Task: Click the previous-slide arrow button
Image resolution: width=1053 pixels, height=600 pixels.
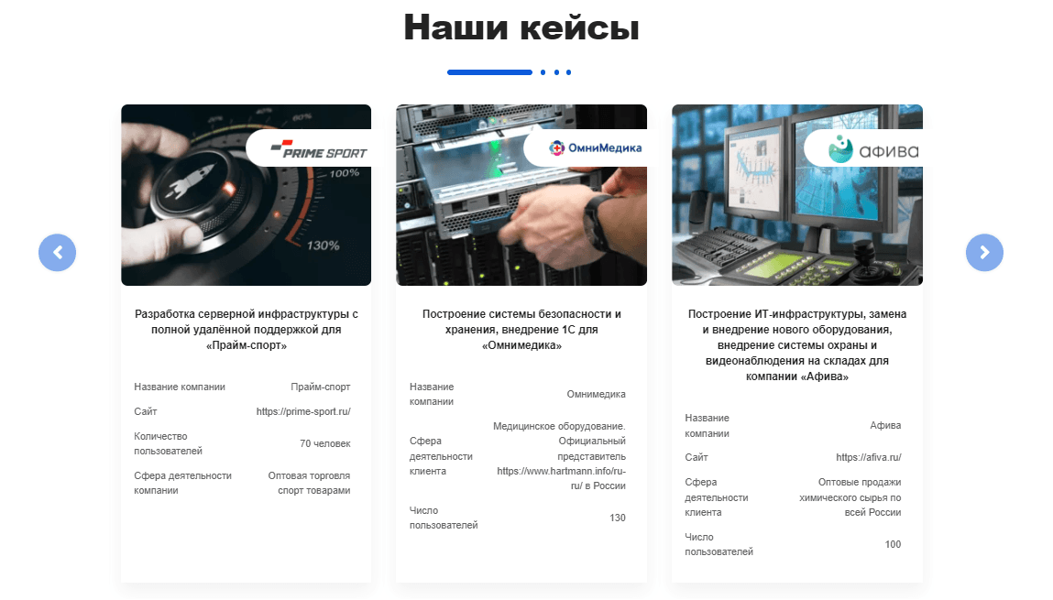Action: tap(57, 252)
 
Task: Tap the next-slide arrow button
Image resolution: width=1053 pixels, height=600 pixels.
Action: tap(984, 252)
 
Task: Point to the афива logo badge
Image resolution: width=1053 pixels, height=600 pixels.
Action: tap(863, 147)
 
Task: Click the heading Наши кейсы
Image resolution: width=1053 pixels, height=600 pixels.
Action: tap(521, 27)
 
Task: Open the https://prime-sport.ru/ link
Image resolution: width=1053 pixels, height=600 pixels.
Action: tap(302, 411)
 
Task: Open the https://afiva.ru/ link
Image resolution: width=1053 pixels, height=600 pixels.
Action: tap(868, 457)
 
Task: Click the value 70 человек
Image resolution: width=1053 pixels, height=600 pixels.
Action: tap(325, 443)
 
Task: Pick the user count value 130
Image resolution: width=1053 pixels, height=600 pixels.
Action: tap(617, 518)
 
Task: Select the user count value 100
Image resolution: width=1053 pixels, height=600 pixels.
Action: tap(893, 544)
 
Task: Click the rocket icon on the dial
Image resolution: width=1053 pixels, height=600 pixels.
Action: tap(190, 181)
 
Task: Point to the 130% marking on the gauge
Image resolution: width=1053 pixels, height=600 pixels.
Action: tap(323, 245)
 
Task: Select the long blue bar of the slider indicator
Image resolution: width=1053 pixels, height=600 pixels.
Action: tap(489, 72)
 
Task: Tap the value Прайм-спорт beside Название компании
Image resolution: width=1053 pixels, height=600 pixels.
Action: tap(321, 387)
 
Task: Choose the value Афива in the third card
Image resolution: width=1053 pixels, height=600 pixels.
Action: tap(885, 425)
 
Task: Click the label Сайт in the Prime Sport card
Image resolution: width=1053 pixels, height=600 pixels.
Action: tap(145, 411)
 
